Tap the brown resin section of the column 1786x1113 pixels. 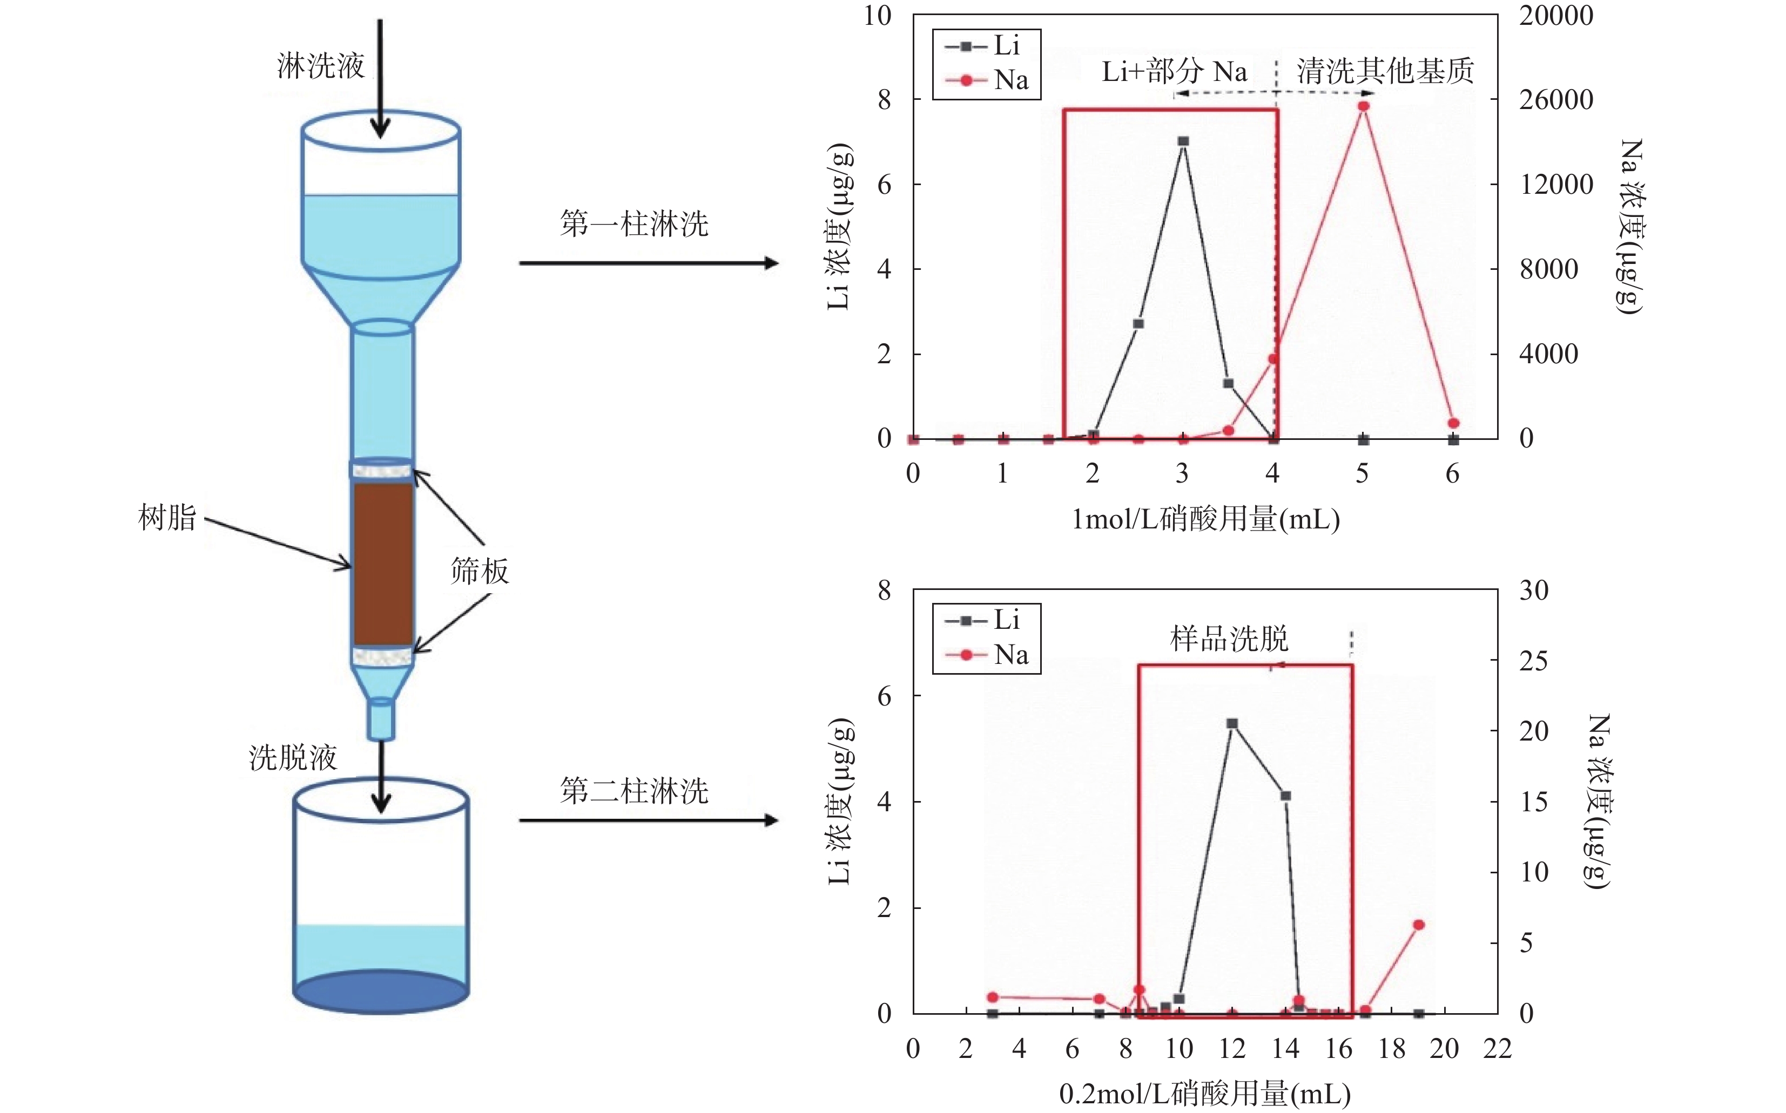click(x=383, y=563)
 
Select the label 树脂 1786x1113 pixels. click(x=167, y=518)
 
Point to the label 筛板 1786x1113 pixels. click(x=480, y=571)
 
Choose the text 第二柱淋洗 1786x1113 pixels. click(x=633, y=791)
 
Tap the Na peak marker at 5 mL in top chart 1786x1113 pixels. click(x=1363, y=106)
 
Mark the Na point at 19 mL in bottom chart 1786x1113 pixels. click(x=1419, y=925)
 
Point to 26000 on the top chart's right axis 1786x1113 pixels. click(x=1555, y=99)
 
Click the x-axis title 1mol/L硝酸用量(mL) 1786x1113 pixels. click(x=1205, y=520)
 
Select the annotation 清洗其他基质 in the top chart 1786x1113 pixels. click(x=1385, y=71)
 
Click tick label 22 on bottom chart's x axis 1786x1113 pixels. click(x=1497, y=1048)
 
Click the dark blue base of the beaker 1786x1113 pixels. click(x=381, y=992)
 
